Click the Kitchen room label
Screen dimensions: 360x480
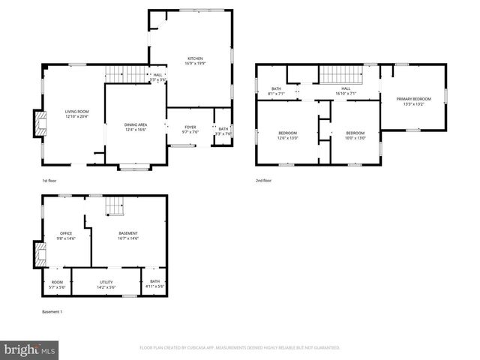(195, 61)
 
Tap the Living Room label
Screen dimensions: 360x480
(76, 114)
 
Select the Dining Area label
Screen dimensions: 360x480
(136, 127)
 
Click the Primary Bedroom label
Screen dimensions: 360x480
(413, 101)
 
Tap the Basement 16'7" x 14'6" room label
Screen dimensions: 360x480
(127, 235)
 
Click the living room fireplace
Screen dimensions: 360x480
(37, 125)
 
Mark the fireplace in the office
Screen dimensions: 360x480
(37, 254)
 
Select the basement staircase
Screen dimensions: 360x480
(112, 205)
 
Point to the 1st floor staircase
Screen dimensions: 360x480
(124, 73)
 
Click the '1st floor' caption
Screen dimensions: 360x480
(49, 181)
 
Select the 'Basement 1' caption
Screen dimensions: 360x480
(52, 311)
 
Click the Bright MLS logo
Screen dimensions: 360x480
(30, 349)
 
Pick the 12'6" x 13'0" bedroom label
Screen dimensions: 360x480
(287, 135)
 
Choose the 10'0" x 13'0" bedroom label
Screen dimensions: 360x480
(355, 135)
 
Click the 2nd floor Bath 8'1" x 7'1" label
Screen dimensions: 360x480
(277, 91)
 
